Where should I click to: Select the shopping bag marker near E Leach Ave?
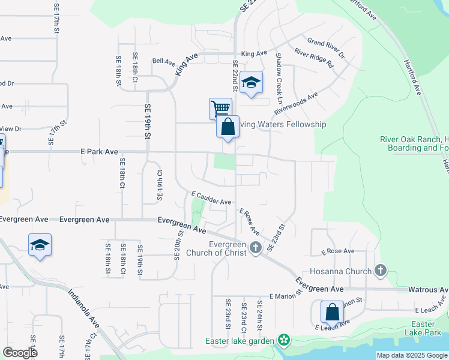(x=332, y=312)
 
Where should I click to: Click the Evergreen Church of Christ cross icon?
(x=255, y=247)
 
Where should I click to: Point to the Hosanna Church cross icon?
(x=379, y=271)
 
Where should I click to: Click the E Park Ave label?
(x=99, y=152)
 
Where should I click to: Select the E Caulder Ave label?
(x=211, y=198)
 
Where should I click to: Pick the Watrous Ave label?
(x=427, y=290)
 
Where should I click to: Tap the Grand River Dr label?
(x=326, y=48)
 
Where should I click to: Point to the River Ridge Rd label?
(x=313, y=59)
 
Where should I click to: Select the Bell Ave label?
(x=163, y=61)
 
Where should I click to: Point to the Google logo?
(x=20, y=352)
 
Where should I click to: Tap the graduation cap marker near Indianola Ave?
(x=40, y=245)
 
